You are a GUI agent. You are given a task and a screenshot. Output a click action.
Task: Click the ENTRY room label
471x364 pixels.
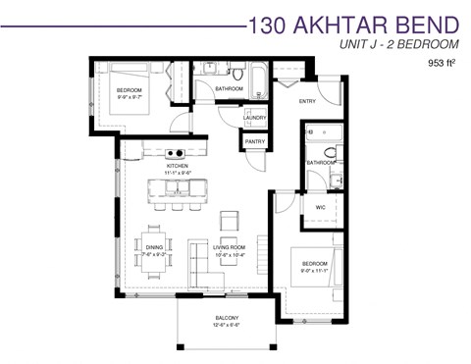tap(307, 101)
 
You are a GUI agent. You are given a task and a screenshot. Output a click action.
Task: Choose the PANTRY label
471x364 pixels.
tap(254, 142)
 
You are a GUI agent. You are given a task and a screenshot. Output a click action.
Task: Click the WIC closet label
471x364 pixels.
tap(320, 208)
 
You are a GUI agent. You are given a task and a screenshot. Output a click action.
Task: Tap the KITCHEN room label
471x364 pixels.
tap(177, 167)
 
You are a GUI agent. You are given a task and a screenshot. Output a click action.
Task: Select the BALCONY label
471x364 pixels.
tap(227, 319)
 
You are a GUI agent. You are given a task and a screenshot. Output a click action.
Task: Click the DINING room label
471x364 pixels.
tap(154, 247)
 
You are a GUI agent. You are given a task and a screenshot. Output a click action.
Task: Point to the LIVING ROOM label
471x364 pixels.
tap(228, 247)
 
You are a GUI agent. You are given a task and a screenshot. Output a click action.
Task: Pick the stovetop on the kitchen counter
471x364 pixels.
tap(177, 153)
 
